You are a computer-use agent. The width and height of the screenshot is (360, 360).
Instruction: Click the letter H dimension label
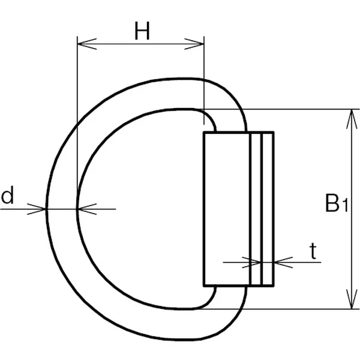[x=142, y=32]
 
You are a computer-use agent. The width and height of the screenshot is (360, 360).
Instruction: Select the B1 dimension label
[x=337, y=204]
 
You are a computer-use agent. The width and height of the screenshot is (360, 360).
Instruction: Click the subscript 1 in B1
[x=346, y=208]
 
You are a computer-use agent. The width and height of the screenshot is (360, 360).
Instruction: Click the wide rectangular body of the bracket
[x=226, y=208]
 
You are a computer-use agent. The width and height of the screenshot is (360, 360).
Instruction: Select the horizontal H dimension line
[x=142, y=43]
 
